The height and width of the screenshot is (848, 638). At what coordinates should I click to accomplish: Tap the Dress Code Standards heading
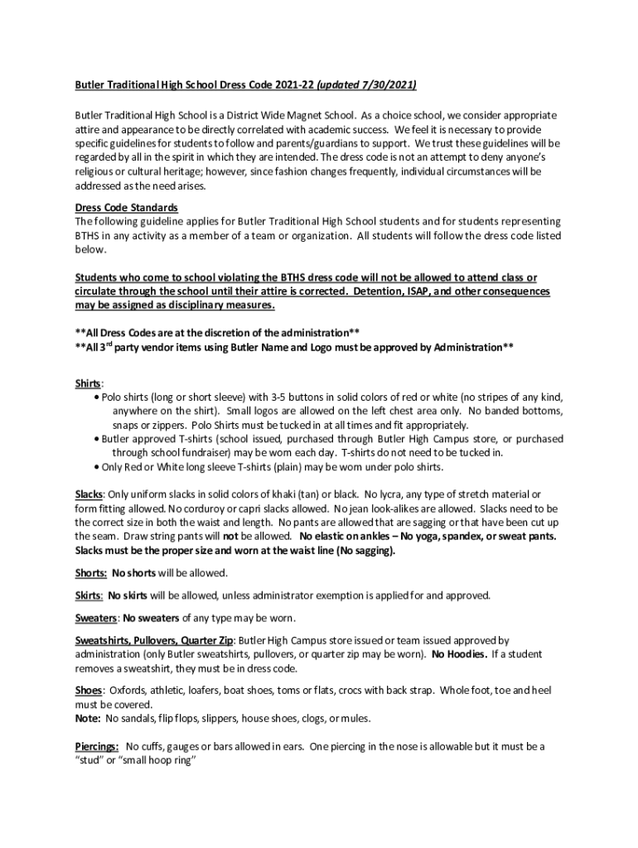point(127,207)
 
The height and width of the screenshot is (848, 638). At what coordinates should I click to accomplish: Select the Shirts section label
point(89,384)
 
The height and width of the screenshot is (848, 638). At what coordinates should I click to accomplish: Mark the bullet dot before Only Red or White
point(98,467)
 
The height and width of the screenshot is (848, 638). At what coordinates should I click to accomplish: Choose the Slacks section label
point(89,494)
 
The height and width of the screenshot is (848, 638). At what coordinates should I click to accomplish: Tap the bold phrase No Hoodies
point(458,654)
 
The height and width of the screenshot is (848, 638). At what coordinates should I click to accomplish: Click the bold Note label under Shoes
point(87,718)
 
